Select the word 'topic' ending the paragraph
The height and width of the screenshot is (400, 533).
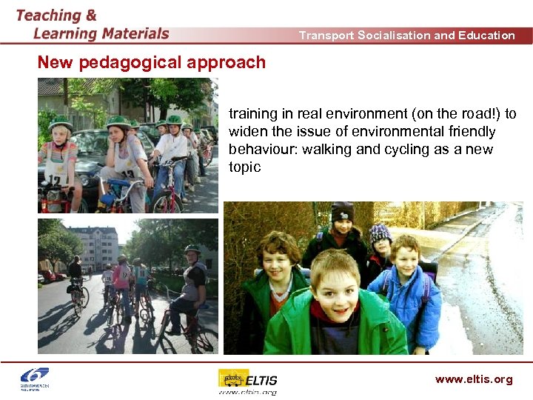click(245, 167)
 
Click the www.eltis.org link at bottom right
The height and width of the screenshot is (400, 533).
click(474, 379)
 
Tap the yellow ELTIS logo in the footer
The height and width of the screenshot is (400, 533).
click(247, 379)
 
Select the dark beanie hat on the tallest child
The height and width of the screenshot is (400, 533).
click(343, 211)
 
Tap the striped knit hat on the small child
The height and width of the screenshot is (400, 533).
click(381, 233)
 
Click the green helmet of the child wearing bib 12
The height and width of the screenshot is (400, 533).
click(60, 123)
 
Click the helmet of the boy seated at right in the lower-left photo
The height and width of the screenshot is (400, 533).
click(192, 250)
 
